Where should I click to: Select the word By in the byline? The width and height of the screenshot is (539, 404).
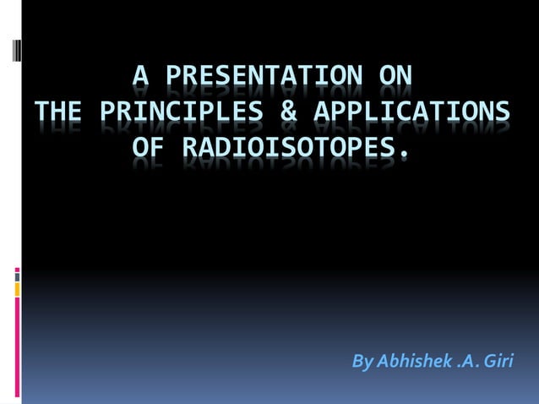click(362, 363)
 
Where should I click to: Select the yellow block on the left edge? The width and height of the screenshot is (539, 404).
click(17, 289)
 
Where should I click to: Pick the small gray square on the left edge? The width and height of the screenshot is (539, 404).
click(17, 276)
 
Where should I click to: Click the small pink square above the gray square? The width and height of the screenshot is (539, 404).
click(17, 270)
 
